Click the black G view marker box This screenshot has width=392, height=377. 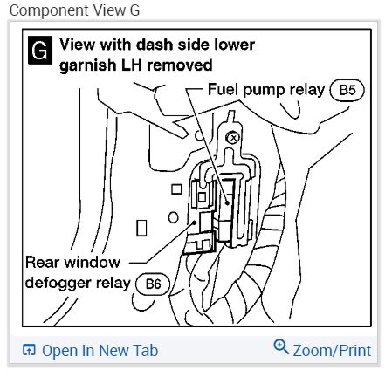(40, 50)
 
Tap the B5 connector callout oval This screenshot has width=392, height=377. (347, 90)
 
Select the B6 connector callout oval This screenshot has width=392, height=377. (153, 284)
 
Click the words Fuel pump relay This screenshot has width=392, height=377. (266, 90)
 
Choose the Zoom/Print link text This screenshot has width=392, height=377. (332, 351)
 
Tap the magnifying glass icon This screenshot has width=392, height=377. (281, 346)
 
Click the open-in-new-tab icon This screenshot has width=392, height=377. (29, 350)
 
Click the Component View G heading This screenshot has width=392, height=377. (74, 10)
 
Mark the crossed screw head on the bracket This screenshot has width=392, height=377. (233, 138)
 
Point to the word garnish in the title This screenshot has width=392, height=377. (87, 65)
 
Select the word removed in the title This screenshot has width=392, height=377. (180, 65)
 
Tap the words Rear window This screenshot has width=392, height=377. (72, 263)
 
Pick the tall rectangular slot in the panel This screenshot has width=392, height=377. (141, 228)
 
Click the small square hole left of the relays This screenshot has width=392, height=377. (176, 189)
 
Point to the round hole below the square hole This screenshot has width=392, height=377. (173, 217)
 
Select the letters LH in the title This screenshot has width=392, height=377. (131, 65)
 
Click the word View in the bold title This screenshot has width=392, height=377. (78, 45)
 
